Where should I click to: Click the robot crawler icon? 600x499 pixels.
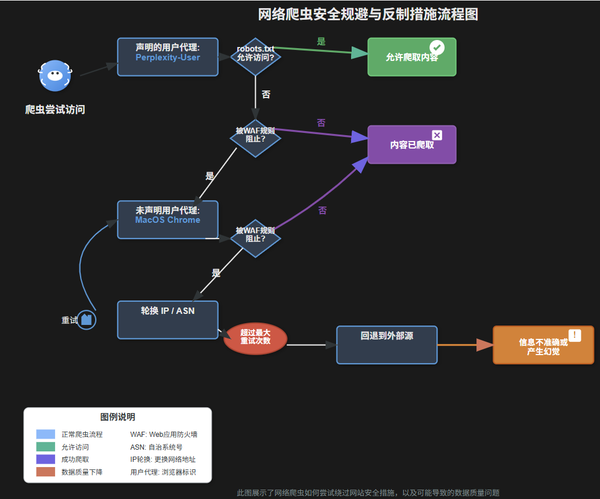coord(55,75)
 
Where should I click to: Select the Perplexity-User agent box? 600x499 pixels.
coord(168,57)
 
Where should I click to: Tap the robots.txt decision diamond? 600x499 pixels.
coord(255,57)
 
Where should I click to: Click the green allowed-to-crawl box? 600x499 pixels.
coord(412,57)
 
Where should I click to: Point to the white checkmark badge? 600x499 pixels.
coord(437,48)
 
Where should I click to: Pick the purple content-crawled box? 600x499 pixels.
coord(412,144)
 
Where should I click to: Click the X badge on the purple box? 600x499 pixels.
coord(437,135)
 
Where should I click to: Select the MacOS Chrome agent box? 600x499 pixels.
coord(168,220)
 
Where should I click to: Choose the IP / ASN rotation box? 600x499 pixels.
coord(168,320)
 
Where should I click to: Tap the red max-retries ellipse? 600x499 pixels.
coord(255,338)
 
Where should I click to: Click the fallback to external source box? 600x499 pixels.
coord(387,345)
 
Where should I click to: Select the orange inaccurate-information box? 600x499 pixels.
coord(543,345)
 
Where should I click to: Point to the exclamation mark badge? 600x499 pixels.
coord(574,335)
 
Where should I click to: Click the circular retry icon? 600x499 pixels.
coord(86,320)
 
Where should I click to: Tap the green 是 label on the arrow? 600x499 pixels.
coord(321,42)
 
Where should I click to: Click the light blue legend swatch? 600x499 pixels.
coord(45,434)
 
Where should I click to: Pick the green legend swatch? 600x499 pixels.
coord(45,447)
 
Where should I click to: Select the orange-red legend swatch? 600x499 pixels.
coord(45,472)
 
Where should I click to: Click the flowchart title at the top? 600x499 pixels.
coord(368,15)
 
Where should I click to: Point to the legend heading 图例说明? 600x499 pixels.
coord(118,417)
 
